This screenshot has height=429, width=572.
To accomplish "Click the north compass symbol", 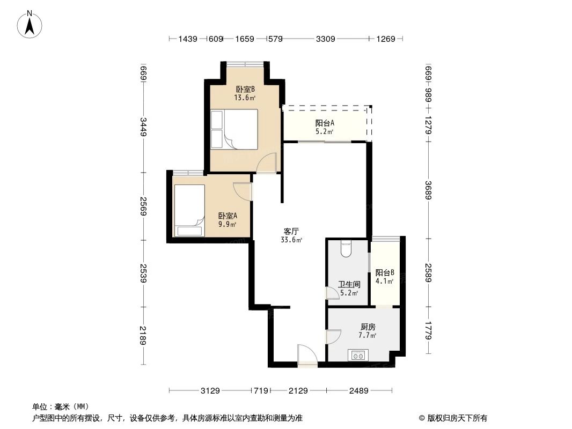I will (x=32, y=25).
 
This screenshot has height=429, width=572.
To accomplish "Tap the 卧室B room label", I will (x=245, y=90).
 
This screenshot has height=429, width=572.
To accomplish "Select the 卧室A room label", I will (x=228, y=216).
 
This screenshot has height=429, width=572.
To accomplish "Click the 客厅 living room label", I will (x=291, y=232).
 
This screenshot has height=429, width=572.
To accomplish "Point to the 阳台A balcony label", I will (x=325, y=123).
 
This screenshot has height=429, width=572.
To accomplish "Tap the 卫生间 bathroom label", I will (x=349, y=284).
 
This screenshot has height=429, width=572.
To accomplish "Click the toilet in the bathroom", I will (x=346, y=248).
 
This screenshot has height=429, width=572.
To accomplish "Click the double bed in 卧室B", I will (x=234, y=129).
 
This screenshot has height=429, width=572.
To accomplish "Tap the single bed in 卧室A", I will (x=189, y=210).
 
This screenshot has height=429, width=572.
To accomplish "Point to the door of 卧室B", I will (x=267, y=162).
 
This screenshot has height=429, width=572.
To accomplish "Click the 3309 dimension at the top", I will (x=326, y=39).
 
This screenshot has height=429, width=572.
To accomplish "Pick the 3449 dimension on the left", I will (x=143, y=127).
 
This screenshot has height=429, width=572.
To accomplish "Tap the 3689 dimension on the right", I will (x=428, y=190).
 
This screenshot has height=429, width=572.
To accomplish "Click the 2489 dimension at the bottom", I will (x=359, y=391).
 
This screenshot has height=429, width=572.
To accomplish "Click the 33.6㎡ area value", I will (x=291, y=240).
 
